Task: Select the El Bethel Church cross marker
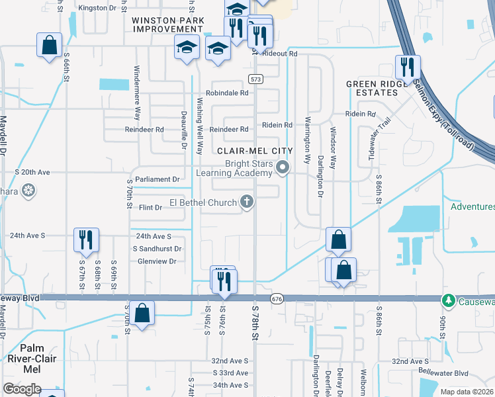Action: pos(247,202)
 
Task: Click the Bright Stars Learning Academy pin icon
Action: pos(283,167)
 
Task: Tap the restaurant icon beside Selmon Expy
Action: pos(406,67)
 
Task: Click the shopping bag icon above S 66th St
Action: pos(50,45)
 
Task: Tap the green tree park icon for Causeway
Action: pos(449,300)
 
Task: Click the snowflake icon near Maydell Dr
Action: pos(28,192)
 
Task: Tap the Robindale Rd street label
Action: pos(229,93)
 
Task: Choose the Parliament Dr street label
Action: pos(157,179)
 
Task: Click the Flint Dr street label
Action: pos(150,208)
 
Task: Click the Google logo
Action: pos(22,389)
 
